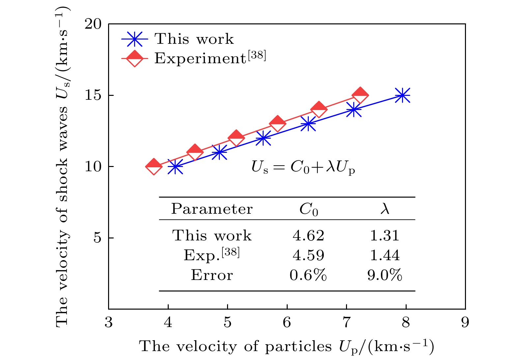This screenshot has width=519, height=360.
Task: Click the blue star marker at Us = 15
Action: coord(402,95)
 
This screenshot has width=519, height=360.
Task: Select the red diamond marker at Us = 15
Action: coord(360,95)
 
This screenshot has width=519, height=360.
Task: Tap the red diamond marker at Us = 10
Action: coord(154,167)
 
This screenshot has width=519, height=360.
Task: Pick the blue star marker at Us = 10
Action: coord(175,167)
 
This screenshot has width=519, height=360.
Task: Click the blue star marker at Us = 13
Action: coord(308,124)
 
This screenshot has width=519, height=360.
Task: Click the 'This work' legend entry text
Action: coord(194,39)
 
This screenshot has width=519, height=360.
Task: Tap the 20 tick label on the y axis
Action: coord(93,24)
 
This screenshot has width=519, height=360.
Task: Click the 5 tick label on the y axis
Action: coord(98,238)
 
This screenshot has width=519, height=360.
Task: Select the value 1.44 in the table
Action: coord(385,255)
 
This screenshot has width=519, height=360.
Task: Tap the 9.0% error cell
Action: coord(385,275)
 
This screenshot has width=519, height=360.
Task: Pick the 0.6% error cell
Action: coord(308,275)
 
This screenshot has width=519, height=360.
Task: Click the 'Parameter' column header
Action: coord(212,209)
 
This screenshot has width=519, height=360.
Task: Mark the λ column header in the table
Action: coord(385,209)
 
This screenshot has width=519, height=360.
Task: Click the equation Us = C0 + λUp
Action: coord(303,167)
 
